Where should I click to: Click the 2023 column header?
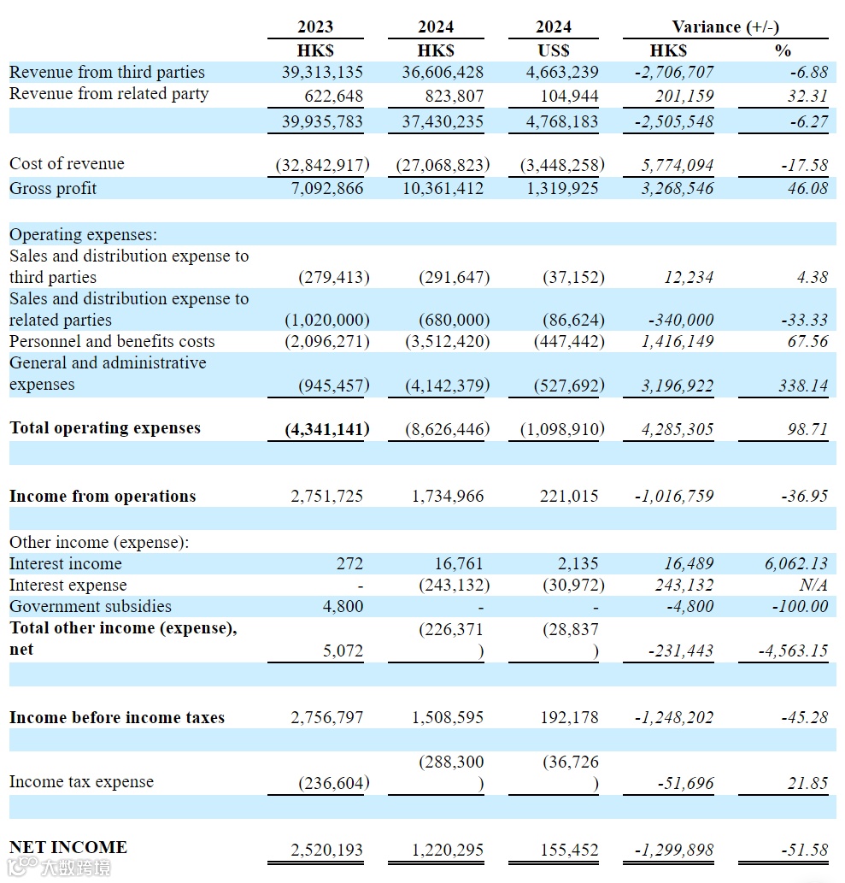pyautogui.click(x=315, y=27)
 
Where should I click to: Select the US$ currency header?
pyautogui.click(x=554, y=50)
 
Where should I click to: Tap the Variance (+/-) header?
pyautogui.click(x=725, y=27)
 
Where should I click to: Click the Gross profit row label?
pyautogui.click(x=53, y=188)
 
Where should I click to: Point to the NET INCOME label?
pyautogui.click(x=68, y=847)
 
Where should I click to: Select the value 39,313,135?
pyautogui.click(x=322, y=73)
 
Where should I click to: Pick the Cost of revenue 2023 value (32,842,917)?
pyautogui.click(x=322, y=164)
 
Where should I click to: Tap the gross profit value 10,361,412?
pyautogui.click(x=443, y=188)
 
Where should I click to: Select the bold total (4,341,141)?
pyautogui.click(x=327, y=428)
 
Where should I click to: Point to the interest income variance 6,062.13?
pyautogui.click(x=796, y=564)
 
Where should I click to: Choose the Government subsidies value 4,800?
pyautogui.click(x=344, y=607)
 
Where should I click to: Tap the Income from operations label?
pyautogui.click(x=103, y=497)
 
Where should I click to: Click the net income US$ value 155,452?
pyautogui.click(x=569, y=851)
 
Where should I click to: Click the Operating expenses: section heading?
pyautogui.click(x=83, y=234)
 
